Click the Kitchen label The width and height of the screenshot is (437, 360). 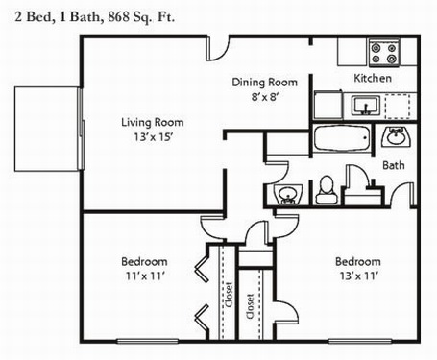coord(373,78)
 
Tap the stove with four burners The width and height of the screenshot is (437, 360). coord(384,53)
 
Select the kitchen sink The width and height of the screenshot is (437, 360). coord(366,106)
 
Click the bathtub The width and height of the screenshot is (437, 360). coord(341,138)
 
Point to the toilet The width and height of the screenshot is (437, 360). coord(327,190)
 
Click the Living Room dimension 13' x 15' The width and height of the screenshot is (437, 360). coord(154,137)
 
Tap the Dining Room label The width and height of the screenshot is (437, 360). coord(264,83)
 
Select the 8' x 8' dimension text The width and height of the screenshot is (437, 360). coord(263,96)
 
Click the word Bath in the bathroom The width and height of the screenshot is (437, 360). coord(394,165)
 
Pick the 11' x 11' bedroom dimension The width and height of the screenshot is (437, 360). coord(145,276)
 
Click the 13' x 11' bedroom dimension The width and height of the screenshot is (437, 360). coord(358,276)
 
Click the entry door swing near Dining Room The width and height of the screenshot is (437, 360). coord(218,48)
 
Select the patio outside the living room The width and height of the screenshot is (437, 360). coord(46,129)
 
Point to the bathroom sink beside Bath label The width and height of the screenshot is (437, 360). coord(396,137)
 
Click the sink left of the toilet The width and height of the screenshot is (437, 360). coord(288,194)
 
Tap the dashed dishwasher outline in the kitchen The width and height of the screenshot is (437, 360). coord(398,107)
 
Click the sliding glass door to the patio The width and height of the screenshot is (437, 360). coord(81,129)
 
